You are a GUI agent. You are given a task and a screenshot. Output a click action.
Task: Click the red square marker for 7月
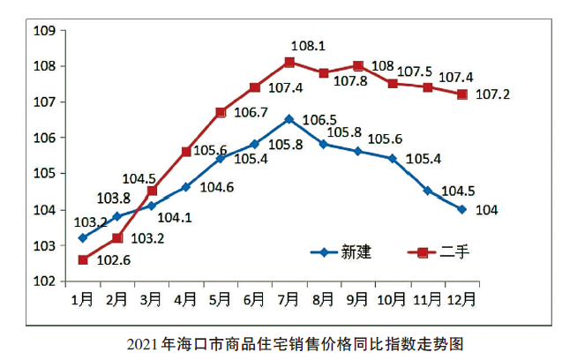289,62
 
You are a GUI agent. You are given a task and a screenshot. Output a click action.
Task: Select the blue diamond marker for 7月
289,118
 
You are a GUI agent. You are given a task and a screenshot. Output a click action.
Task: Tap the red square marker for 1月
83,259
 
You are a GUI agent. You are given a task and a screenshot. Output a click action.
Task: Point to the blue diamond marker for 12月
461,209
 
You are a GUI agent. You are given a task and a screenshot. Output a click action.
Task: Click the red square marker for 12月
461,94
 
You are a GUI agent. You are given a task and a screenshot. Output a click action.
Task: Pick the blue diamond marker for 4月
186,186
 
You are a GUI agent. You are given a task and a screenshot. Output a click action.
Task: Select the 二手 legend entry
441,251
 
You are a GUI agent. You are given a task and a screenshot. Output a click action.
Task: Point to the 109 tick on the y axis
44,31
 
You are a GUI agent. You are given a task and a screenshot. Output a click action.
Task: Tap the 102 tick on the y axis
44,281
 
